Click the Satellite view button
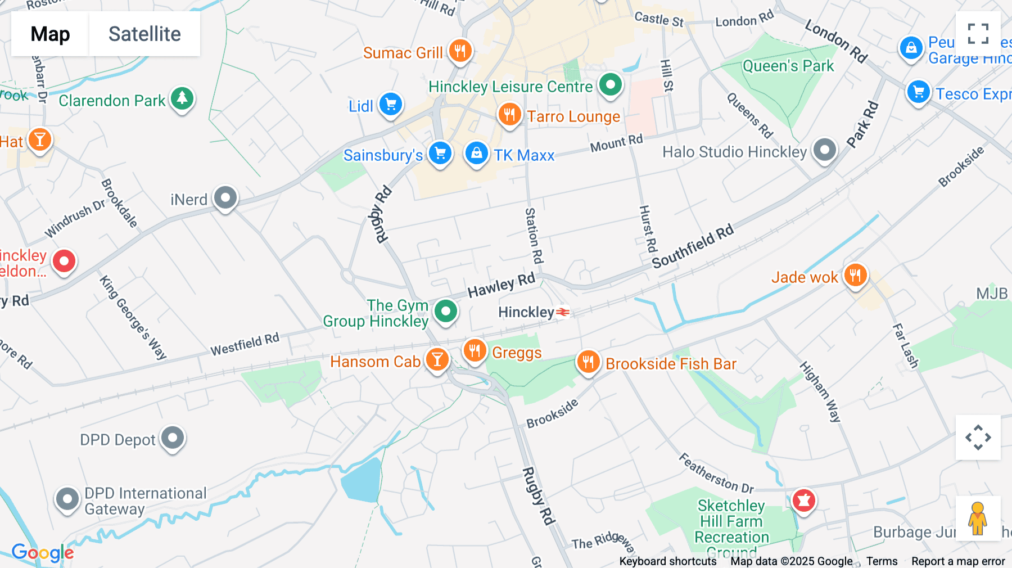click(x=144, y=34)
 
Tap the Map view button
click(x=50, y=34)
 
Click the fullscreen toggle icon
click(x=978, y=34)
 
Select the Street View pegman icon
click(x=978, y=518)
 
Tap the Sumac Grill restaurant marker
click(x=460, y=51)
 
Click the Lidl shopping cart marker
click(x=390, y=104)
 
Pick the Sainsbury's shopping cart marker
click(x=440, y=153)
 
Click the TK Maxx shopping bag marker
click(x=476, y=153)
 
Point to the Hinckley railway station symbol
click(x=563, y=312)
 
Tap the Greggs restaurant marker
click(x=475, y=350)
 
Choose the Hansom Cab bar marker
click(x=437, y=359)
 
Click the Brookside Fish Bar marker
click(x=588, y=362)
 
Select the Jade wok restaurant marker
click(x=855, y=276)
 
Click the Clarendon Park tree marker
click(x=182, y=98)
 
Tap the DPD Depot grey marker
click(x=173, y=438)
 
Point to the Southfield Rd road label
click(x=693, y=246)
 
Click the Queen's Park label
click(x=788, y=66)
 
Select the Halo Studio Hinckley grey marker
click(x=825, y=150)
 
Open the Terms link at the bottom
click(x=882, y=561)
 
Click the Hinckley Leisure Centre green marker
click(x=610, y=85)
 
